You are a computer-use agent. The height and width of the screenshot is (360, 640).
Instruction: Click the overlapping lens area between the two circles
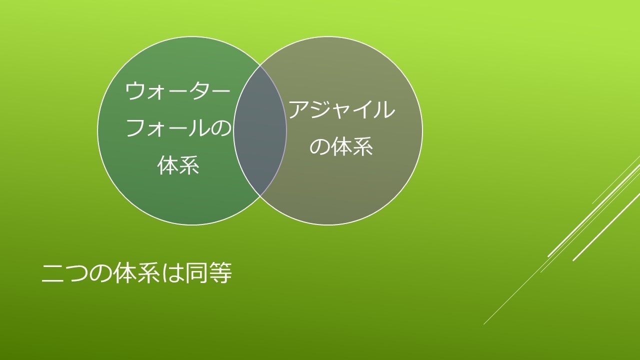pos(260,130)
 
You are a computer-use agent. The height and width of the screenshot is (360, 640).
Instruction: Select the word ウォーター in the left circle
pos(177,91)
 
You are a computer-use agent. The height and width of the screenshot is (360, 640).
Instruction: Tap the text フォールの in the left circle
pos(178,128)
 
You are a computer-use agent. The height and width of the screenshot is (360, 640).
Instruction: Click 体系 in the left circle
pos(178,165)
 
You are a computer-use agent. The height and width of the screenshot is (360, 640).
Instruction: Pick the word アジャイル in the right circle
pos(341,109)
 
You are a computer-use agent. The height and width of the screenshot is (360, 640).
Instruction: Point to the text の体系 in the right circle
pos(341,146)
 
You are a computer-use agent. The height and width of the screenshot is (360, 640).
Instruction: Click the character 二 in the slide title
pos(52,273)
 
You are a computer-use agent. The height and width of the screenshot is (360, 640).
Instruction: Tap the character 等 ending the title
pos(220,273)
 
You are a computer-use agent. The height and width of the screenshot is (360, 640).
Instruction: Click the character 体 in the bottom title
pos(124,273)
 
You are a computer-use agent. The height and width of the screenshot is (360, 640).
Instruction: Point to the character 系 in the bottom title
pos(148,273)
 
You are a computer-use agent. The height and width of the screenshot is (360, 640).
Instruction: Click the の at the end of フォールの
pos(220,128)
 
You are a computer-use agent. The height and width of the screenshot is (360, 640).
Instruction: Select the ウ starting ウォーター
pos(135,91)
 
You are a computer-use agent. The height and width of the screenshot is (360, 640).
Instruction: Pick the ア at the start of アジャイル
pos(299,109)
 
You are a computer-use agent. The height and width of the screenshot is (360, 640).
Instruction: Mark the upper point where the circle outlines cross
pos(260,65)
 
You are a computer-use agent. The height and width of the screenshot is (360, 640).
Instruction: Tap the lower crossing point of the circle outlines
pos(260,195)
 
